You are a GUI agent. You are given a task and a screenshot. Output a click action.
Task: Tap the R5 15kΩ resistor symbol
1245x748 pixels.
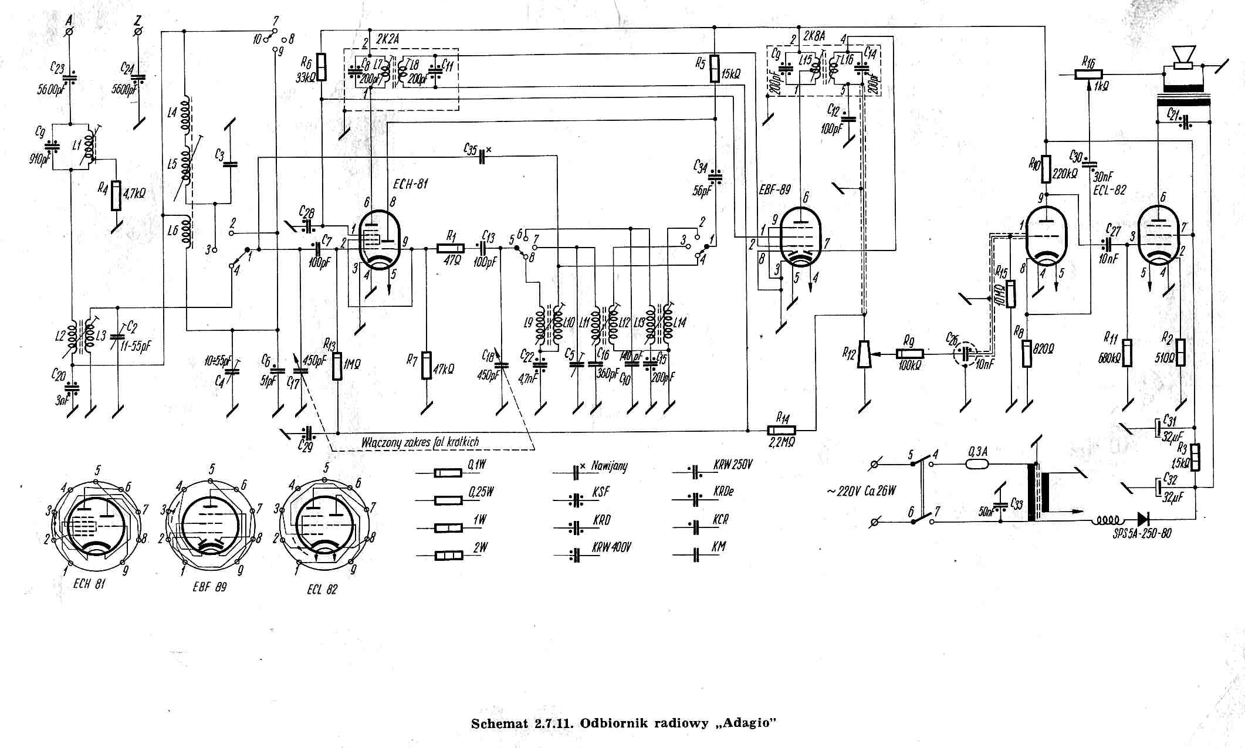(714, 69)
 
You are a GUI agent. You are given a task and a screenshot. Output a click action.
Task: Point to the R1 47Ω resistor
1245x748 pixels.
(451, 248)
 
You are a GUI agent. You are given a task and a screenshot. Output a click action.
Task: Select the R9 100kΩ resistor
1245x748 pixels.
(909, 354)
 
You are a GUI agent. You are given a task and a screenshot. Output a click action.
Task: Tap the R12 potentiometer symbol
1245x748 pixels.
(864, 354)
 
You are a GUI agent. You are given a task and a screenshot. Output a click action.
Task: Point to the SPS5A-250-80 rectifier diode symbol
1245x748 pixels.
(1143, 519)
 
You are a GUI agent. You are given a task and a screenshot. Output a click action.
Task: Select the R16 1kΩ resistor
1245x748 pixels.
(1088, 74)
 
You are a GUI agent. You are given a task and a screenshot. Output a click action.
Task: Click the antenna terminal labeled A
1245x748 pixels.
(70, 31)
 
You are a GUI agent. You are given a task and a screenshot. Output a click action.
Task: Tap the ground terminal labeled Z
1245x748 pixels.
(138, 31)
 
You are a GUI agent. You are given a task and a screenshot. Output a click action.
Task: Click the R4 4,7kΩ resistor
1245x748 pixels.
(117, 195)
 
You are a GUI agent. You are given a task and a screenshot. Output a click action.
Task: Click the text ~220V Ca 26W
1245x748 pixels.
(861, 490)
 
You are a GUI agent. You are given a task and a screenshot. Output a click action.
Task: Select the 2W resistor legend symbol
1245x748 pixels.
(448, 554)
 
